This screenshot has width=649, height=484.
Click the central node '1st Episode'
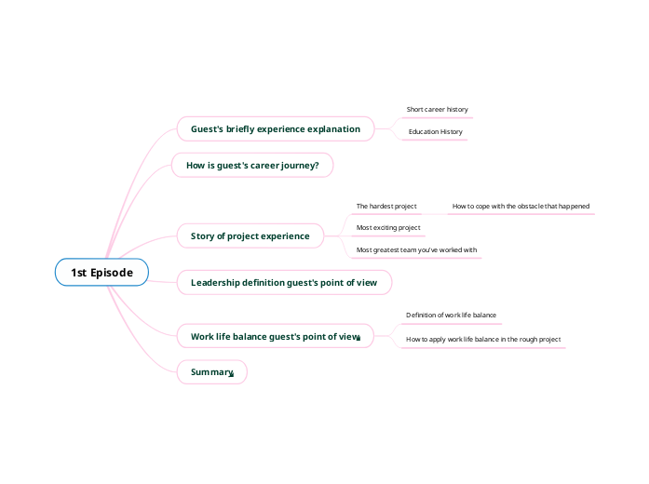[x=101, y=272]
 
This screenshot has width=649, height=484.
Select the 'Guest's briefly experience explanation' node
[x=275, y=128]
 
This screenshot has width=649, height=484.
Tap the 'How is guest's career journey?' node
[x=252, y=166]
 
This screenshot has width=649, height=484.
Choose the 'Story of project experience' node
[x=250, y=235]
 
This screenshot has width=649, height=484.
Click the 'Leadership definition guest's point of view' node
[x=283, y=282]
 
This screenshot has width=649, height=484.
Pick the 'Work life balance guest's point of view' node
[x=274, y=336]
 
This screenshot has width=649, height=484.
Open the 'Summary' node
[x=211, y=372]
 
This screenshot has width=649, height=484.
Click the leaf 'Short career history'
[x=437, y=109]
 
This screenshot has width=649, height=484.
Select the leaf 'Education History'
[x=435, y=132]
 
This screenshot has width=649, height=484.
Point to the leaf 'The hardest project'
[x=386, y=206]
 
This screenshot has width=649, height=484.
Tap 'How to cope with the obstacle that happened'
[x=521, y=206]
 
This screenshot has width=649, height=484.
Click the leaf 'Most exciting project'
[x=388, y=227]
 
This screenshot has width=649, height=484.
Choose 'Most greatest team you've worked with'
[x=416, y=249]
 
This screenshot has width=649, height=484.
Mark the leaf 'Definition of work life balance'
[x=451, y=316]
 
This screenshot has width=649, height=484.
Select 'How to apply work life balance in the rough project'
[x=483, y=340]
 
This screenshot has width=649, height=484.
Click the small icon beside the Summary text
[x=231, y=374]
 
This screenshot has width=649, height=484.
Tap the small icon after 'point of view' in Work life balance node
[x=358, y=339]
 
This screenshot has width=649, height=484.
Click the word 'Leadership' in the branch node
[x=215, y=282]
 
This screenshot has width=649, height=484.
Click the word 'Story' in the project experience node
[x=202, y=235]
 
